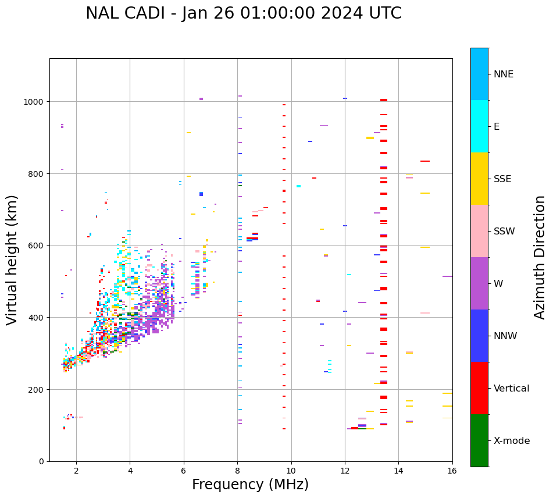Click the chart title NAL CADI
coord(243,13)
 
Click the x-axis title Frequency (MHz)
coord(250,485)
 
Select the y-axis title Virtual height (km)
coord(12,259)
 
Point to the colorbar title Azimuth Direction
coord(540,257)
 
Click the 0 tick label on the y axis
coord(41,461)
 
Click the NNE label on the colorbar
coord(504,74)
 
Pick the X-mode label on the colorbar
coord(512,440)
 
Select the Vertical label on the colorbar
coord(512,388)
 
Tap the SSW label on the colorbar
coord(504,231)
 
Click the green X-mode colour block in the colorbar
coord(479,440)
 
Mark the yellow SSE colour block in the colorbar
coord(479,179)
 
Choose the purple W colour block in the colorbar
coord(479,283)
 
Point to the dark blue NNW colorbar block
coord(479,336)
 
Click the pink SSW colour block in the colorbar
coord(479,231)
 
